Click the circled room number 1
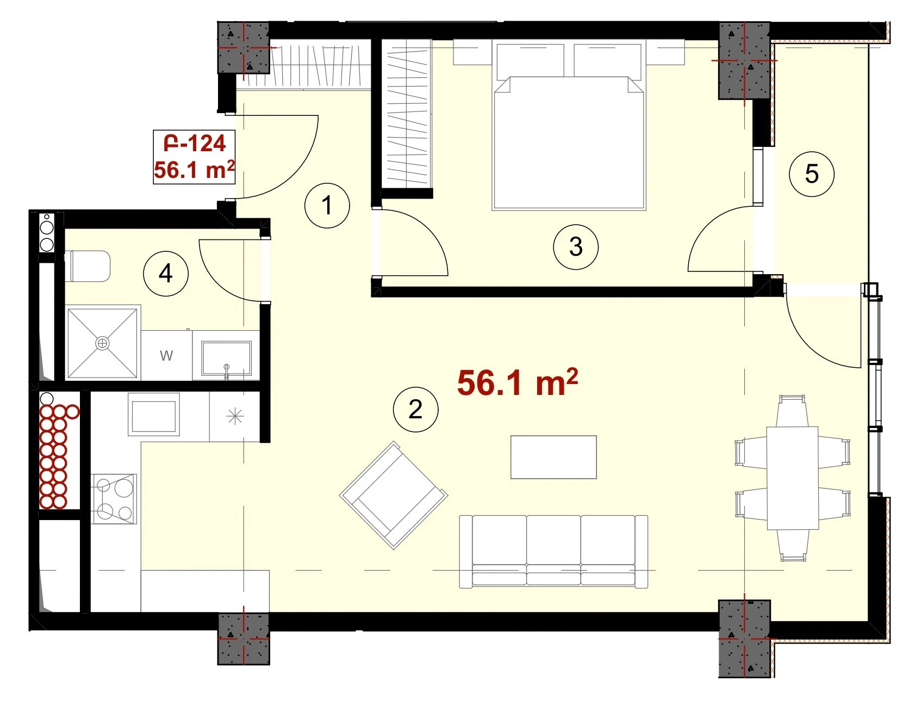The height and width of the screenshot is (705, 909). (327, 206)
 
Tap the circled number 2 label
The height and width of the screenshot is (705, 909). (415, 409)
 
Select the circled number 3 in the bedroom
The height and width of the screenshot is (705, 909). (576, 246)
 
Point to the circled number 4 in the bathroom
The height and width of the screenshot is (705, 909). (166, 273)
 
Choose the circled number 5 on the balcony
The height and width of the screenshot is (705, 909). (812, 174)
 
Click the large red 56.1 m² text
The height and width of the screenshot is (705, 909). (518, 382)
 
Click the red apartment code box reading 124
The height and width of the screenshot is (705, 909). (194, 157)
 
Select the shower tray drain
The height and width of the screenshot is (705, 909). (102, 343)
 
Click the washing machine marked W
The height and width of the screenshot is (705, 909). (166, 356)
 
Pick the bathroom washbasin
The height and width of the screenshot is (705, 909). (226, 358)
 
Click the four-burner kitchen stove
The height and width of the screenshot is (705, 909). (114, 499)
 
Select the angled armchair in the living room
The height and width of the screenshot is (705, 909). (394, 495)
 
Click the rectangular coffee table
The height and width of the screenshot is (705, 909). (553, 457)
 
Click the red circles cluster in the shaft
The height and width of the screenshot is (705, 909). (57, 454)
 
